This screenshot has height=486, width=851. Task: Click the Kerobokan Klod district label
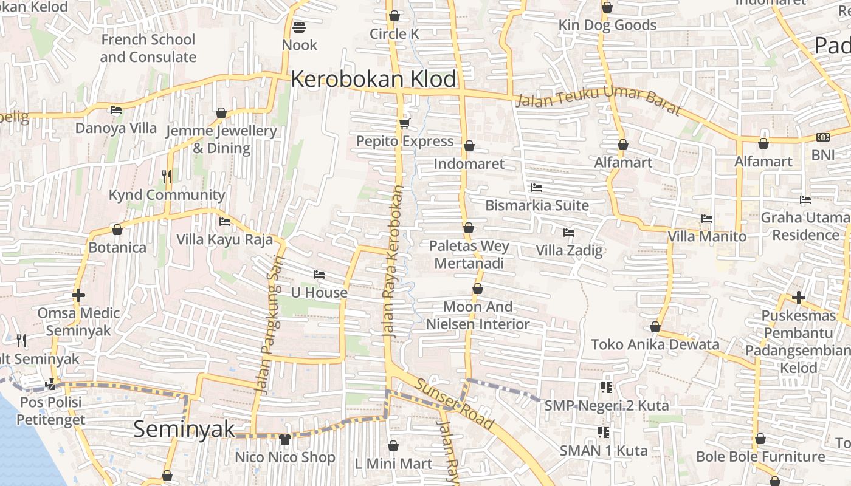coord(373,79)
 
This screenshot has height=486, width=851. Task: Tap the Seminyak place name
coord(184,429)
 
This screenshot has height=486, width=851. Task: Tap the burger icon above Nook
coord(298,27)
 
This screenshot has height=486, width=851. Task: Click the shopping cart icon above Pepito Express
coord(404,124)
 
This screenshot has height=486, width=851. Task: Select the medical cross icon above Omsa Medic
coord(78,296)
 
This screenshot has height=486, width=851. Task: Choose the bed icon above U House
coord(319,275)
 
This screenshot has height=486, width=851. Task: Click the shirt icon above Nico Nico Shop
coord(284,439)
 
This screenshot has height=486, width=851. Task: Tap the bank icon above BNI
coord(822,137)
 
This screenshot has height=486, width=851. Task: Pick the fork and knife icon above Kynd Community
coord(167,177)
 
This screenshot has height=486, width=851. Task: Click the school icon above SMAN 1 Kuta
coord(604,433)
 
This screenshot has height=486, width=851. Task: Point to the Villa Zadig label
coord(569,250)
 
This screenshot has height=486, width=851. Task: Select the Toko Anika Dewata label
coord(655,344)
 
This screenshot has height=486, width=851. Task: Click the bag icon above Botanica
coord(117,230)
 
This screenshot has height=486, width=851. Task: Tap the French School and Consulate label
coord(148,49)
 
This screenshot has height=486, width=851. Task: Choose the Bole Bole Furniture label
coord(760,456)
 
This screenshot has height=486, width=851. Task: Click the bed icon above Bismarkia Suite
coord(536,188)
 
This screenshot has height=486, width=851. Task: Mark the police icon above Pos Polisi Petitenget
coord(50,384)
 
